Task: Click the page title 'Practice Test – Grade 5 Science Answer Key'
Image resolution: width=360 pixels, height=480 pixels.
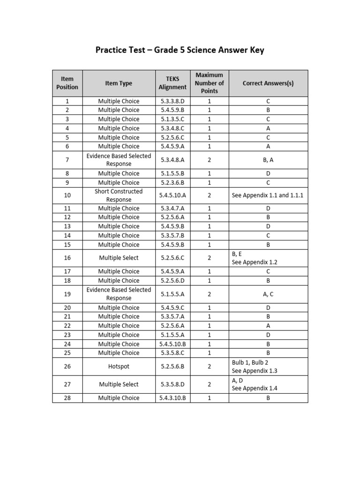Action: click(180, 50)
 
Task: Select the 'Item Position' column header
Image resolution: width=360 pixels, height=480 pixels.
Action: click(67, 83)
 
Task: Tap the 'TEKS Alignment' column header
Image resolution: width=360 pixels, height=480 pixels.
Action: click(172, 83)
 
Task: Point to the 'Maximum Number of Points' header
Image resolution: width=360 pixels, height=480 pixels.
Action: click(209, 83)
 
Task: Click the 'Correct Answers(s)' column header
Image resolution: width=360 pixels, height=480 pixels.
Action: click(268, 83)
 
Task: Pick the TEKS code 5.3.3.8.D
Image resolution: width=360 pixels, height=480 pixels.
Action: click(172, 101)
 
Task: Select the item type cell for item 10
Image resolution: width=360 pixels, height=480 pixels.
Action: click(119, 195)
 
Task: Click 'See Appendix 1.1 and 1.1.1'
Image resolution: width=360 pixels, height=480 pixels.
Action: click(267, 195)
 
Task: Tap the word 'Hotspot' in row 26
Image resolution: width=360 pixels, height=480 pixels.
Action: click(119, 366)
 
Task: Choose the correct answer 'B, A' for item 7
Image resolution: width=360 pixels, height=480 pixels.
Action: click(268, 160)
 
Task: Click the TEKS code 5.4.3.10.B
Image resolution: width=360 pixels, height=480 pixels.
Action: click(172, 398)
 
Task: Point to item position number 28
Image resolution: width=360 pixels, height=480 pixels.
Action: click(67, 398)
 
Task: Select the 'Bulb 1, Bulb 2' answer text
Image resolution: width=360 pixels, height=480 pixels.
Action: click(250, 362)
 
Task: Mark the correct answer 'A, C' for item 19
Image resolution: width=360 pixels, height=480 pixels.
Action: click(268, 294)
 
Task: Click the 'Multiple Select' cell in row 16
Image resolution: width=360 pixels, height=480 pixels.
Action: click(119, 258)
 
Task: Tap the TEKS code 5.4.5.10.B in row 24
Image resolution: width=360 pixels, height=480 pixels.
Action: click(172, 344)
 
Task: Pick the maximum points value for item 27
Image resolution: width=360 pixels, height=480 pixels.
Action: click(209, 384)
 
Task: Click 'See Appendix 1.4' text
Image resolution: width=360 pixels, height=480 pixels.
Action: click(255, 389)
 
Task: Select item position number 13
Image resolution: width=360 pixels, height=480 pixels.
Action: click(67, 226)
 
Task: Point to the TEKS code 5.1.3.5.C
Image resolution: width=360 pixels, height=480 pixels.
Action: click(172, 119)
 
